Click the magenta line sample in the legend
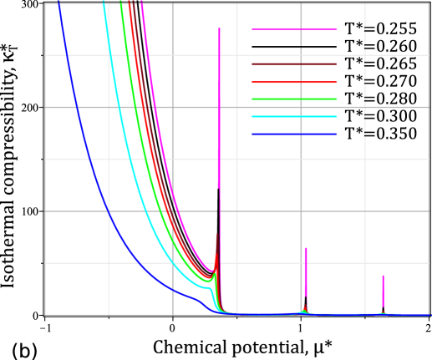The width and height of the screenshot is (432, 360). pyautogui.click(x=294, y=29)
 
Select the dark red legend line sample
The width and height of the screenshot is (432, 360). pyautogui.click(x=294, y=64)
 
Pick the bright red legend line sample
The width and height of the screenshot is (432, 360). pyautogui.click(x=294, y=82)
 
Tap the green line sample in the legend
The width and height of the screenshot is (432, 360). pyautogui.click(x=294, y=99)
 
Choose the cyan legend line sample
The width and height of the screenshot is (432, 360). pyautogui.click(x=294, y=117)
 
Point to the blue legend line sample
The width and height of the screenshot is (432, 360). pyautogui.click(x=294, y=134)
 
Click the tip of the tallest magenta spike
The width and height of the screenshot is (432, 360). pyautogui.click(x=219, y=28)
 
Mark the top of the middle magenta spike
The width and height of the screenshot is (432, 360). pyautogui.click(x=306, y=248)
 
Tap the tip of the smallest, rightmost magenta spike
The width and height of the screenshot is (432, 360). pyautogui.click(x=384, y=276)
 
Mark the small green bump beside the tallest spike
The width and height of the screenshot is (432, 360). pyautogui.click(x=215, y=273)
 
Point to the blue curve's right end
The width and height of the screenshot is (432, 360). pyautogui.click(x=429, y=315)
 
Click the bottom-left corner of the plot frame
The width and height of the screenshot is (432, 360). pyautogui.click(x=45, y=315)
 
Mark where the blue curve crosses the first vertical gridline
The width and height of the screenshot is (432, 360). pyautogui.click(x=109, y=212)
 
